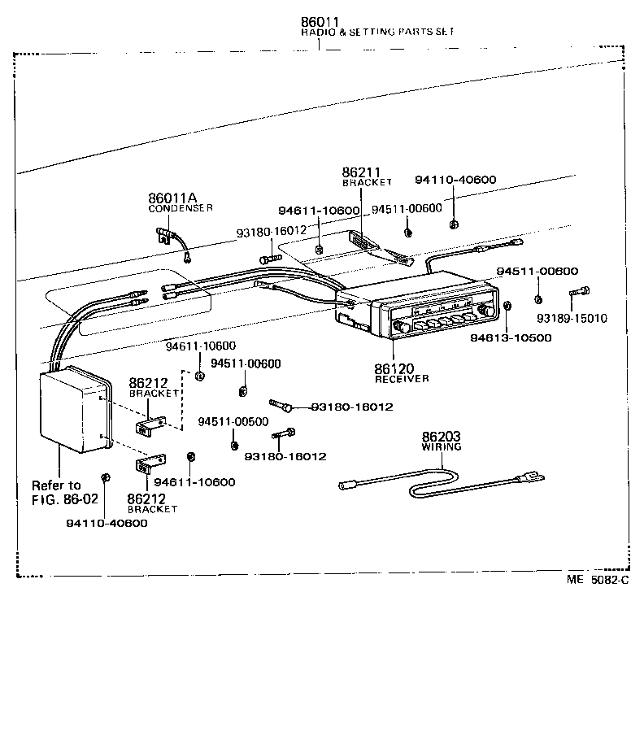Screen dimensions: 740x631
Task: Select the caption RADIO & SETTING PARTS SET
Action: [x=377, y=32]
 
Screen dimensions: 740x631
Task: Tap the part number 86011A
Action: [x=172, y=198]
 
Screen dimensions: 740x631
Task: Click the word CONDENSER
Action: [x=181, y=208]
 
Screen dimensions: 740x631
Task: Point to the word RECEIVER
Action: [x=401, y=379]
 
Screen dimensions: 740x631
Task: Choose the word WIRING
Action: [x=442, y=447]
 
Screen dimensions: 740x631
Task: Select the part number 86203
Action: [x=442, y=437]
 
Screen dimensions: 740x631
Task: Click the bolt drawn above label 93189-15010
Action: [x=580, y=291]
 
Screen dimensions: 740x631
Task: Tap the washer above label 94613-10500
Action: [x=507, y=307]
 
